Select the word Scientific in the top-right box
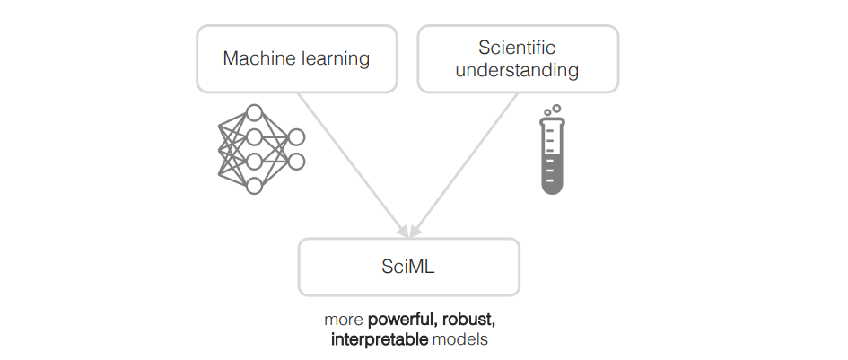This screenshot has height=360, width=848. coord(517,48)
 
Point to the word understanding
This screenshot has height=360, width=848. coord(517,69)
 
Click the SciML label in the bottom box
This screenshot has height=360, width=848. coord(408,267)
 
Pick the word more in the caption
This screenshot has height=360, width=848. coord(344,320)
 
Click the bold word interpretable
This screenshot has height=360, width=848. coord(380,340)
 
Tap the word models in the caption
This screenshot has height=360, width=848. coord(460,340)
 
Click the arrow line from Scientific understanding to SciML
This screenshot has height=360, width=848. coord(467,162)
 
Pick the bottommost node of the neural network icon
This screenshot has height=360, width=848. coord(254,186)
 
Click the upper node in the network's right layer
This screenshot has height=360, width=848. coord(296,137)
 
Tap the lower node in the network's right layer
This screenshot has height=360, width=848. coord(296,162)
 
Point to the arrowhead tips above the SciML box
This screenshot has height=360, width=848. coord(408,236)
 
